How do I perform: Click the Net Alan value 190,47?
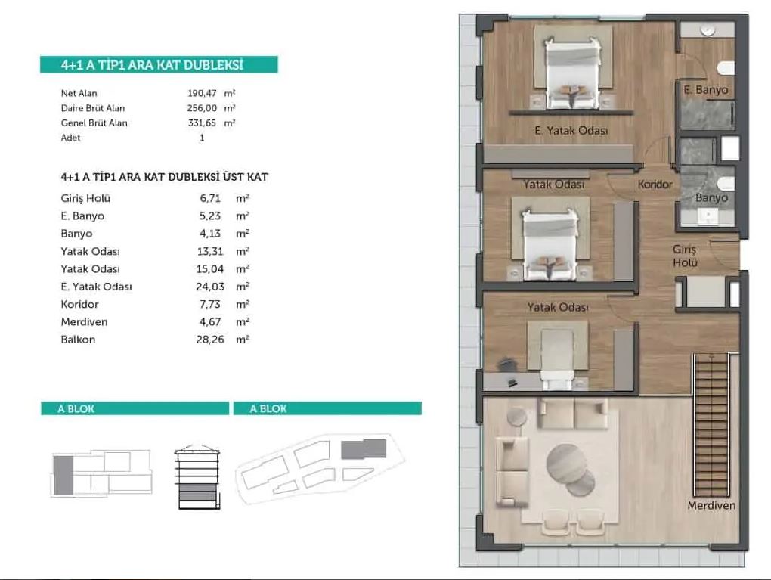click(x=202, y=93)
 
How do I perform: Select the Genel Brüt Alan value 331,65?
click(x=202, y=123)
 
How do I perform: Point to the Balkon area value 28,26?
click(x=210, y=340)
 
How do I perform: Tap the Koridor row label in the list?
click(x=79, y=304)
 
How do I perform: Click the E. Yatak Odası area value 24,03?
click(x=210, y=287)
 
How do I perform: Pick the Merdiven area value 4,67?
click(x=210, y=321)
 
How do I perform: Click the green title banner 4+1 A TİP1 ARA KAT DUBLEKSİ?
click(x=159, y=64)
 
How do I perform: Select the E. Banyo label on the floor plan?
click(x=705, y=90)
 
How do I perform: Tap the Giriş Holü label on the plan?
click(x=685, y=256)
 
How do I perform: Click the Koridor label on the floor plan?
click(x=655, y=184)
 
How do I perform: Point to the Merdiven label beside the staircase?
click(x=711, y=505)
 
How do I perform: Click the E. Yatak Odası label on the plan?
click(x=571, y=130)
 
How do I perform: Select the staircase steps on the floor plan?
click(x=711, y=425)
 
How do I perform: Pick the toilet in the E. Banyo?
click(x=726, y=68)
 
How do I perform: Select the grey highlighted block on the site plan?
click(x=364, y=449)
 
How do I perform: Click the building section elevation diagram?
click(x=198, y=477)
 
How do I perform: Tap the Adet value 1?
click(x=202, y=138)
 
